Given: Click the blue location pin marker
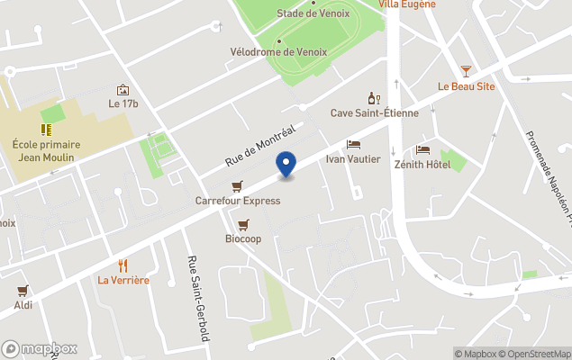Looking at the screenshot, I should pyautogui.click(x=286, y=166).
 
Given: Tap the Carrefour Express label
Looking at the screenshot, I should pyautogui.click(x=238, y=201).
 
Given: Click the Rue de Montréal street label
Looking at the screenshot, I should pyautogui.click(x=260, y=146).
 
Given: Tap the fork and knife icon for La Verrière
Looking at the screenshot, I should pyautogui.click(x=123, y=265).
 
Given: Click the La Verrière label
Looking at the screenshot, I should pyautogui.click(x=123, y=280).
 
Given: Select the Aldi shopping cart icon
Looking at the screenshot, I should pyautogui.click(x=23, y=291).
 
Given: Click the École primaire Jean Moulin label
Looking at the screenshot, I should pyautogui.click(x=46, y=150).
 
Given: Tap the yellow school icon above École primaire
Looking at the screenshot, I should pyautogui.click(x=45, y=130).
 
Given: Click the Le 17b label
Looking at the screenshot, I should pyautogui.click(x=123, y=103).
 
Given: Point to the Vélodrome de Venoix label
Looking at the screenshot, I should pyautogui.click(x=278, y=52).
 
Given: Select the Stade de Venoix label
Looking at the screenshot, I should pyautogui.click(x=313, y=13).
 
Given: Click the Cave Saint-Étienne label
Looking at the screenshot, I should pyautogui.click(x=374, y=112).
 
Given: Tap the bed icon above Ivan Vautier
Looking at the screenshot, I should pyautogui.click(x=354, y=144).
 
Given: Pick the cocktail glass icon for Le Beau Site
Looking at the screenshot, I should pyautogui.click(x=466, y=70).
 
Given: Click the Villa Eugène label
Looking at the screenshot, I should pyautogui.click(x=407, y=4).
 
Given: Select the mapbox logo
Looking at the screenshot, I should pyautogui.click(x=40, y=348).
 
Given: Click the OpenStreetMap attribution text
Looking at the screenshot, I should pyautogui.click(x=535, y=354).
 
